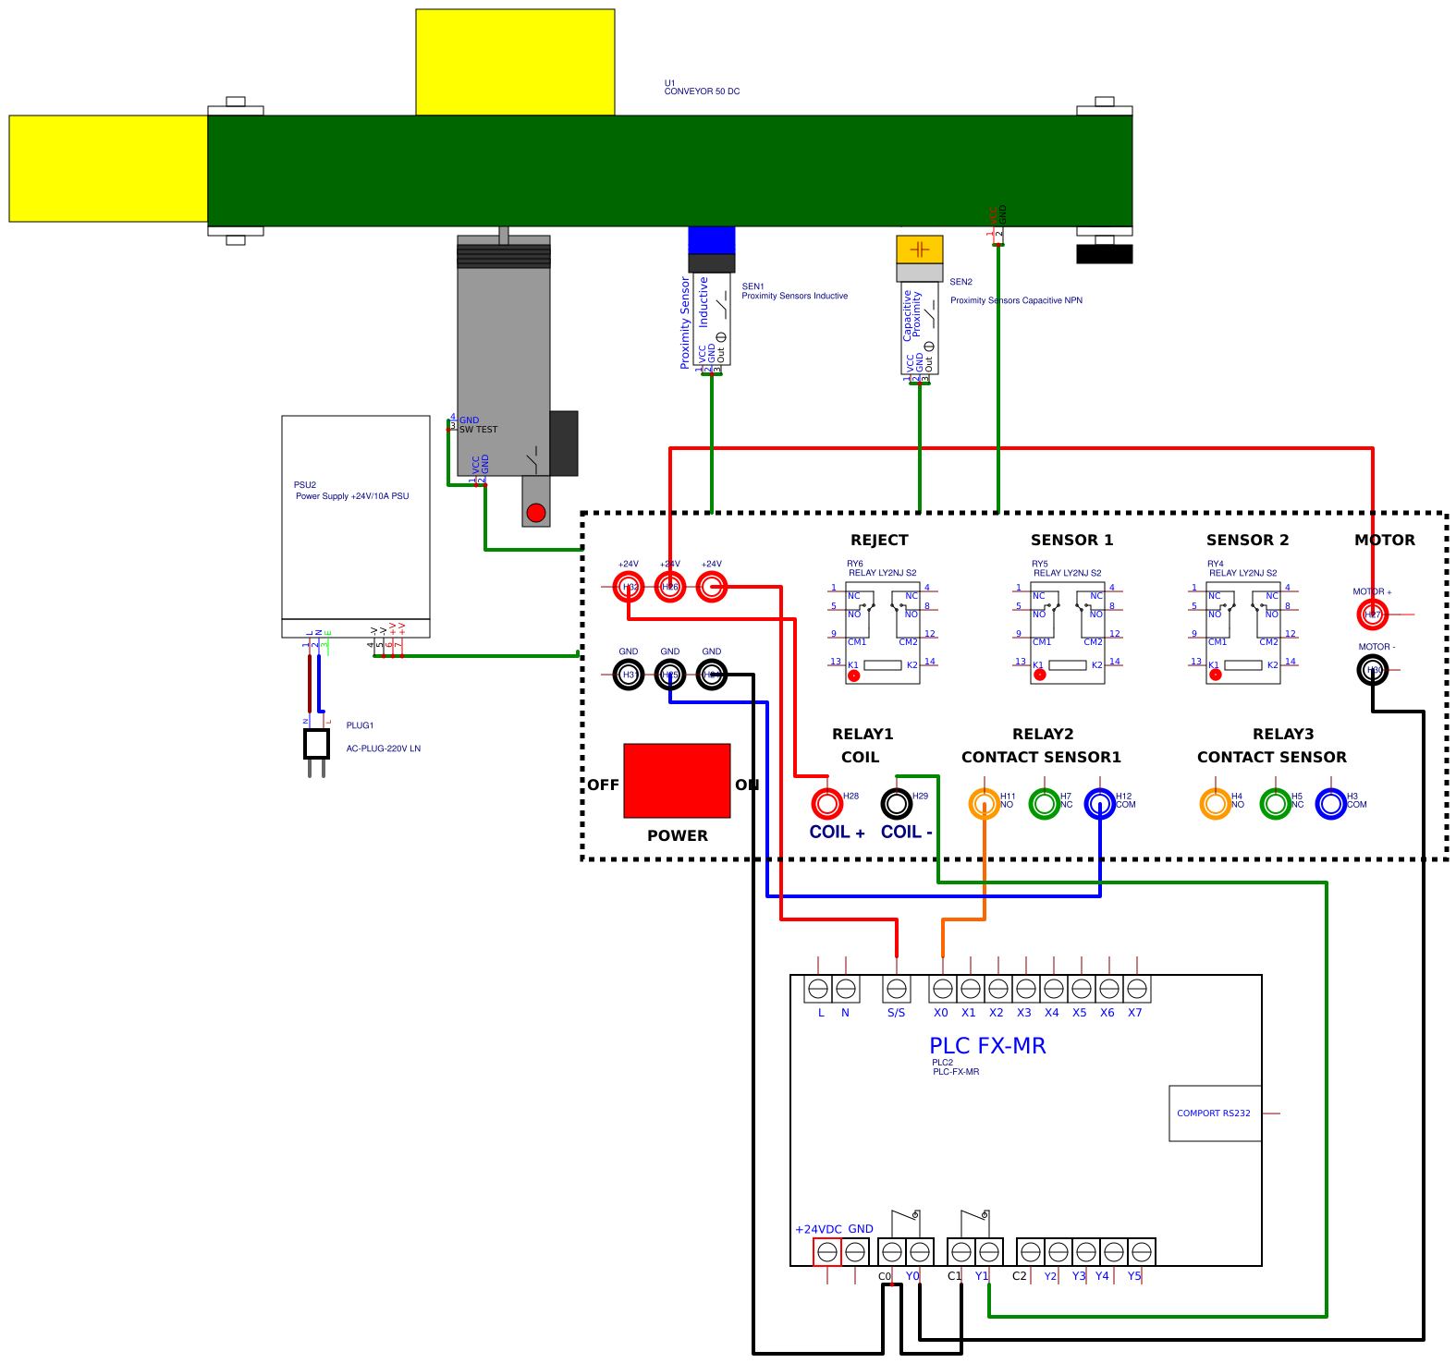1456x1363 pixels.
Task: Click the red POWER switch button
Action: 677,780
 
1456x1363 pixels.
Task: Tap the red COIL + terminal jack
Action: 827,803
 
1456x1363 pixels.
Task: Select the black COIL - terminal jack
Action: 897,803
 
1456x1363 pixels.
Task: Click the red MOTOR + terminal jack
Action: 1372,614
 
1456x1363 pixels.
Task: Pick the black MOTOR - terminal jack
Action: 1372,669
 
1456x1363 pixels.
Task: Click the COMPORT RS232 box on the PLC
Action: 1214,1113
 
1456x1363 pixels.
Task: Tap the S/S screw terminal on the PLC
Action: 897,989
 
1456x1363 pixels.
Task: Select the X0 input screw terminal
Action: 942,989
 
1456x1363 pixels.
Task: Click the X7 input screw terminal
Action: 1137,989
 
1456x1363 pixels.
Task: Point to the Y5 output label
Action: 1134,1276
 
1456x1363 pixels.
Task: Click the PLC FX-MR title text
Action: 987,1045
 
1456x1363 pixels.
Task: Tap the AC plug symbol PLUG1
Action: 316,744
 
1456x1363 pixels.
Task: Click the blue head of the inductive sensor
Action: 711,239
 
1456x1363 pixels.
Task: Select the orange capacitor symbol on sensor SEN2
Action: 919,249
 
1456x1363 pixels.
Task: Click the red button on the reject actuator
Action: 536,512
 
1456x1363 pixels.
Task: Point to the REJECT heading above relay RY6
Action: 879,540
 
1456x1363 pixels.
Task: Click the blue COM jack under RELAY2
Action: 1099,803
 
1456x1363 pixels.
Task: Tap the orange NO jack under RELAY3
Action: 1215,803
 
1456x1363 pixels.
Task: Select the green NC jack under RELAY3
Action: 1275,803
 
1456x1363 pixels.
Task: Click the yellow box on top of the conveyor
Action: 515,62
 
